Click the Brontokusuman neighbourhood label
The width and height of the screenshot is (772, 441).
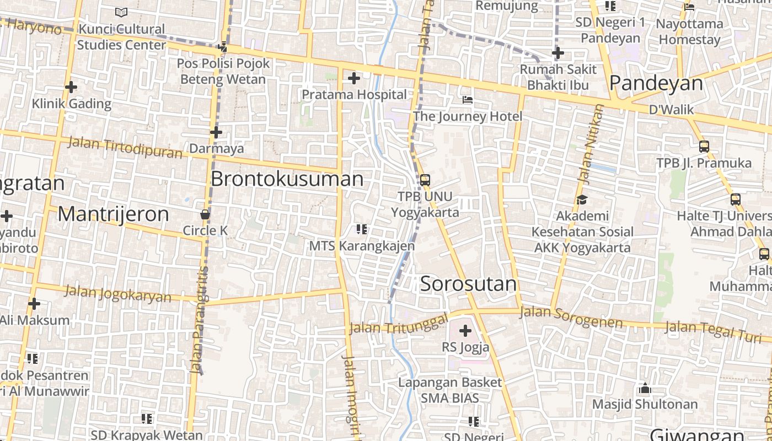287,179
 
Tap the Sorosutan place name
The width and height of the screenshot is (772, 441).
468,284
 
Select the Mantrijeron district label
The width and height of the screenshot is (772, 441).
113,214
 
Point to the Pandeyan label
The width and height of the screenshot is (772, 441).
656,83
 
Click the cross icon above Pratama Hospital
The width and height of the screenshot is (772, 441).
353,79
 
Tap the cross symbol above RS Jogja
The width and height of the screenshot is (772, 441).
465,331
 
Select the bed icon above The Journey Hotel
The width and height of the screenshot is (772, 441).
468,100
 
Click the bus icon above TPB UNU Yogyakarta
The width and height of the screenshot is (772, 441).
425,180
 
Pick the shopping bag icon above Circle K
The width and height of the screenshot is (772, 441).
205,214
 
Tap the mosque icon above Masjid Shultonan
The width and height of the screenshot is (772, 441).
645,389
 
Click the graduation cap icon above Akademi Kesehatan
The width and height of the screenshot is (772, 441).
582,200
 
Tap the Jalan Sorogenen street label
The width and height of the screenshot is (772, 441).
571,317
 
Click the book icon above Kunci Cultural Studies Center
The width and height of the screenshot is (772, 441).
121,12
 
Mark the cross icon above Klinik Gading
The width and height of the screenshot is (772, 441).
71,87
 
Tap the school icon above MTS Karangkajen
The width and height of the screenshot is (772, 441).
362,229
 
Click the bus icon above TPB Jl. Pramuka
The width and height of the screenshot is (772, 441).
704,147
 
